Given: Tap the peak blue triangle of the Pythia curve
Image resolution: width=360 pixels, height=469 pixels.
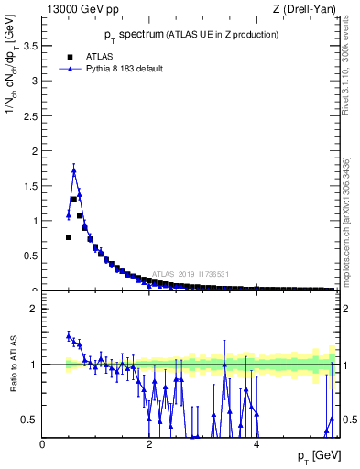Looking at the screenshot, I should pyautogui.click(x=74, y=170).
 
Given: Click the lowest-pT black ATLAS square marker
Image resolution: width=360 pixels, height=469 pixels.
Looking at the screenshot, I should pyautogui.click(x=69, y=237).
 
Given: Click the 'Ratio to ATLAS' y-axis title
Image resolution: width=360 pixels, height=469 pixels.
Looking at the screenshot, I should pyautogui.click(x=13, y=365).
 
